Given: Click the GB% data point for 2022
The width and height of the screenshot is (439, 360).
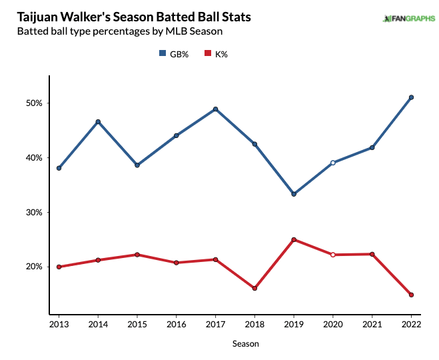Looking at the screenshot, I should pos(411,97).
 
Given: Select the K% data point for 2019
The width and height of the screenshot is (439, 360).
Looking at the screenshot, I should pos(294,239).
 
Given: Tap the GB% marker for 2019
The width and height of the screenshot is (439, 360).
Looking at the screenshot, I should pos(294,194).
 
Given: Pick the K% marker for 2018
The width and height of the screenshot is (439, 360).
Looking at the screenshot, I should pos(254,289).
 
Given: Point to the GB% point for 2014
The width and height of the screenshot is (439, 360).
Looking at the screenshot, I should pos(98,122).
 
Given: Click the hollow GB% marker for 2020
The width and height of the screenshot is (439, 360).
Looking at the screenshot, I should pos(333,163).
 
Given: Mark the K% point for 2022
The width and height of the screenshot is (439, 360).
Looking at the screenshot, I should pos(411,295).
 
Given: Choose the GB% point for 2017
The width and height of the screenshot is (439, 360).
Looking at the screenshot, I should pos(216,109).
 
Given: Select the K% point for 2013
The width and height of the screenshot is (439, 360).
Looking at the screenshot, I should pos(59,267).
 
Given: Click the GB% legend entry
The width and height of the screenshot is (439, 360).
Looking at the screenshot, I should pos(174,54).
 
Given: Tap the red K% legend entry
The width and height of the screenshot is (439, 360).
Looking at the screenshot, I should pos(216,54).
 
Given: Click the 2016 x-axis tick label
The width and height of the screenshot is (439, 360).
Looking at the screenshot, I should pos(177,324).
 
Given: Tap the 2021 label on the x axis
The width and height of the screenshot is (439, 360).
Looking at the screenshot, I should pos(372,324).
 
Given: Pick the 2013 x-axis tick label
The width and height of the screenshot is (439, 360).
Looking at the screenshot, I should pos(59,324).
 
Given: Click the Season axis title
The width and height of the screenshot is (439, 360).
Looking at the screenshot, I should pos(246,344).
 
